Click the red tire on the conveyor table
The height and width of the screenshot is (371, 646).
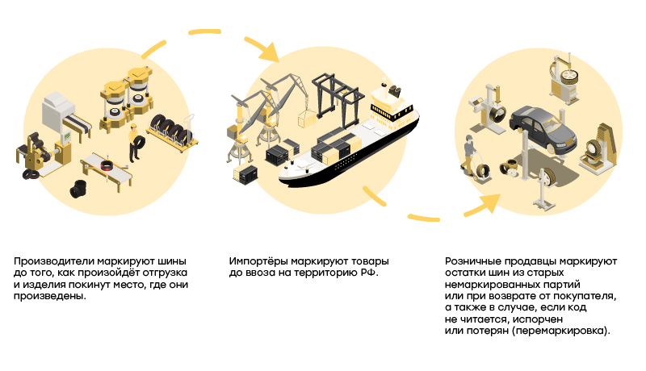pyautogui.click(x=107, y=166)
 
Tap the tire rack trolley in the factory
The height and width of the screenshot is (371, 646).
pyautogui.click(x=170, y=129)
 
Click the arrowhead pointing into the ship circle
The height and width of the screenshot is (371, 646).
pyautogui.click(x=268, y=53)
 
